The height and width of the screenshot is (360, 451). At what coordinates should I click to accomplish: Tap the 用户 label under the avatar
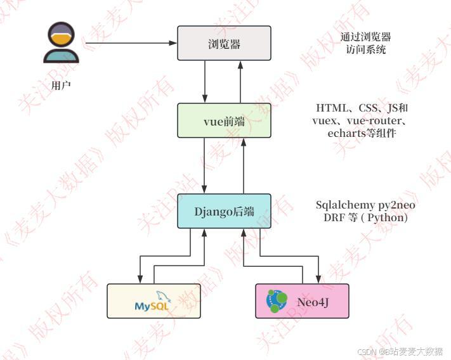point(62,84)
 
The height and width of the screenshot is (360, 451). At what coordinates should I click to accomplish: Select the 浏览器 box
point(224,44)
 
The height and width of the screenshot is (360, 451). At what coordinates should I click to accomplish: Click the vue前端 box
point(224,121)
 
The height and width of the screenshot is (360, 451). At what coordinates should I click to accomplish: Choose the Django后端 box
point(224,212)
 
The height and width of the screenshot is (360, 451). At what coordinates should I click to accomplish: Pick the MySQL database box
point(154,301)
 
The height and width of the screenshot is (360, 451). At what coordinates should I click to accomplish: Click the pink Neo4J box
point(302,301)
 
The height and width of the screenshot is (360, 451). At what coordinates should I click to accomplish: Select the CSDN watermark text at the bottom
point(400,351)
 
